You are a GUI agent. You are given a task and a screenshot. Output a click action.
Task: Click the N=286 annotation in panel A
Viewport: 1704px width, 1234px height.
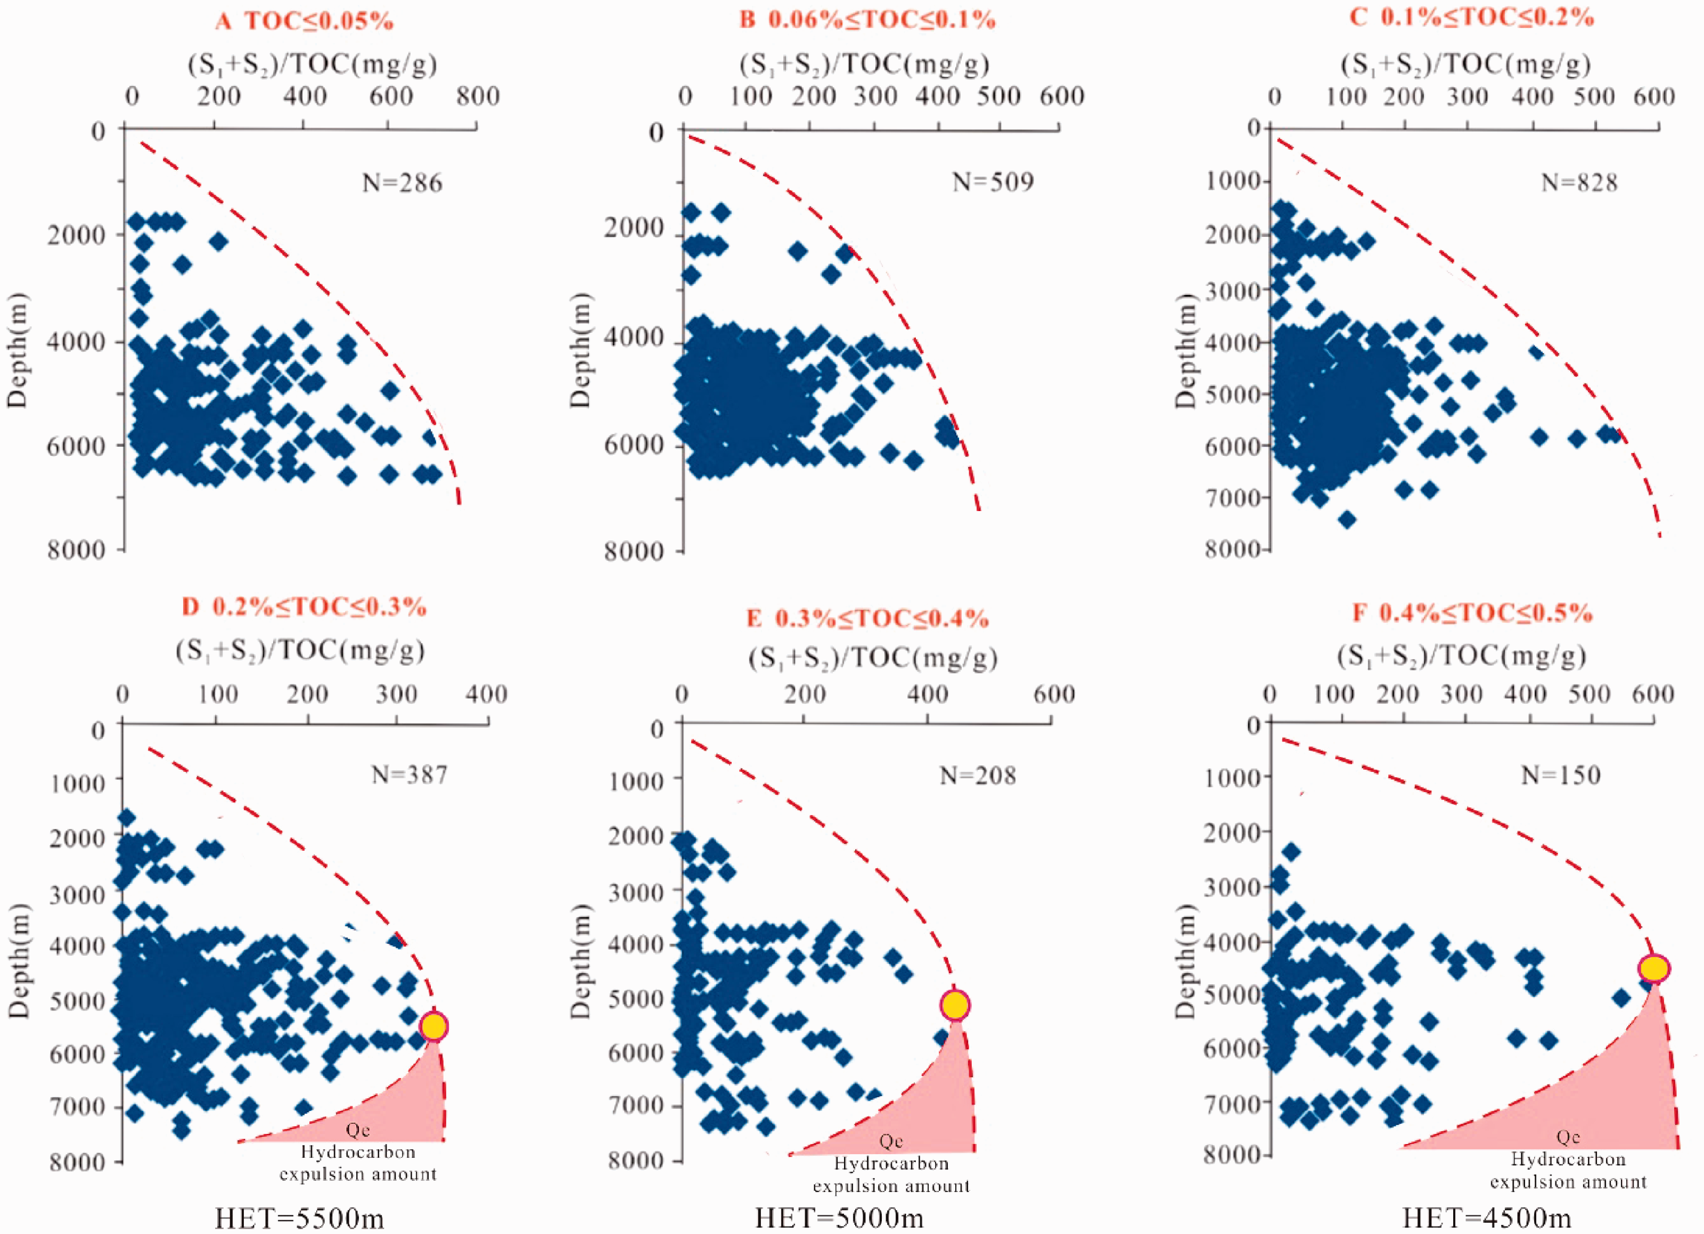(x=402, y=183)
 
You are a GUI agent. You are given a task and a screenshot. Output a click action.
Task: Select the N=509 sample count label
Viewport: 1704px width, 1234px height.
(x=993, y=182)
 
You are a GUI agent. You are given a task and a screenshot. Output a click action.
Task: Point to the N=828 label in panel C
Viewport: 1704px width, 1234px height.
(x=1579, y=183)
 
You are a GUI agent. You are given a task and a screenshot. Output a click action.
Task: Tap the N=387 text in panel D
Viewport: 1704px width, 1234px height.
(x=409, y=775)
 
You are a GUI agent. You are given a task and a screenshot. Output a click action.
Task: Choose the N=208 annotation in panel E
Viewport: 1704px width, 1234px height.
(x=978, y=775)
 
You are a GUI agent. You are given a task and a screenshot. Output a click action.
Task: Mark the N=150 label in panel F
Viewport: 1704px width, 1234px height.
(x=1561, y=775)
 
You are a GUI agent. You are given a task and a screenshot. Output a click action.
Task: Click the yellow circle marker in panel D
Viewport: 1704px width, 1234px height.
(x=435, y=1026)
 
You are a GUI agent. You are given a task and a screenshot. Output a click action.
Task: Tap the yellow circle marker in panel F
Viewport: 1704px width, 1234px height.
(x=1654, y=968)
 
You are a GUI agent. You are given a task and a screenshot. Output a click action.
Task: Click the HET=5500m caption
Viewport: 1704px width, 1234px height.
(x=299, y=1217)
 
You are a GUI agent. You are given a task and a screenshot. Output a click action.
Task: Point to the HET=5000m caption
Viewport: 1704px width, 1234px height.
(x=839, y=1217)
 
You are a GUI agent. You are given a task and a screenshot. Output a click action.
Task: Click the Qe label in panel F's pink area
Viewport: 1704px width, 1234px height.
(x=1568, y=1137)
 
